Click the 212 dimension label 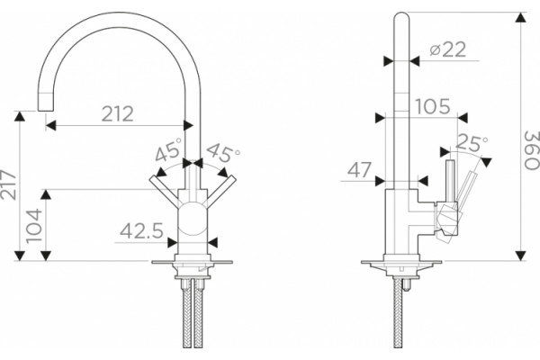[117, 114]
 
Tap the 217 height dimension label [8, 185]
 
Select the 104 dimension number [34, 226]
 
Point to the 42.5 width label [141, 230]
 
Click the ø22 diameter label [447, 49]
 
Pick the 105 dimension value [433, 106]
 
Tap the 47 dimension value [359, 169]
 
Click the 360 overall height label [531, 150]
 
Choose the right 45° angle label [223, 151]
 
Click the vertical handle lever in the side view [450, 181]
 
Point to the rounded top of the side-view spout [401, 16]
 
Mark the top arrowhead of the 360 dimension [521, 17]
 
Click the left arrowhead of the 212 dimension [50, 125]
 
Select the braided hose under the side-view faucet [398, 312]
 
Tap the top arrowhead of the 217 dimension [20, 116]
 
